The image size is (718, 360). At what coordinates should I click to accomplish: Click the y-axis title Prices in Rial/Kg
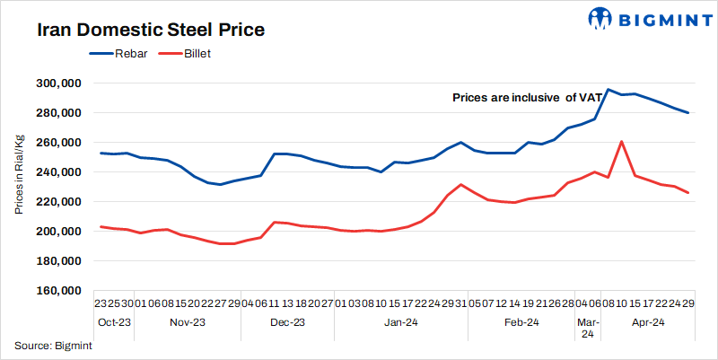[19, 176]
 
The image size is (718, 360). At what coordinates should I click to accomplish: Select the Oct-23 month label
[116, 321]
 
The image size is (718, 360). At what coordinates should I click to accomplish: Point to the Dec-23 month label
[287, 321]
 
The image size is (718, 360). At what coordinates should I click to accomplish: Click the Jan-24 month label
[400, 321]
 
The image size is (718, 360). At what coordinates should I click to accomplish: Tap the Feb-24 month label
[521, 321]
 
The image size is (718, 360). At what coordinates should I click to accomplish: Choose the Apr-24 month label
[646, 321]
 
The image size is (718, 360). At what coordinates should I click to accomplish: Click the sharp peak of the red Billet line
[622, 142]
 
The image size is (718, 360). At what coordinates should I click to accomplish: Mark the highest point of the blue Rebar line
[609, 90]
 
